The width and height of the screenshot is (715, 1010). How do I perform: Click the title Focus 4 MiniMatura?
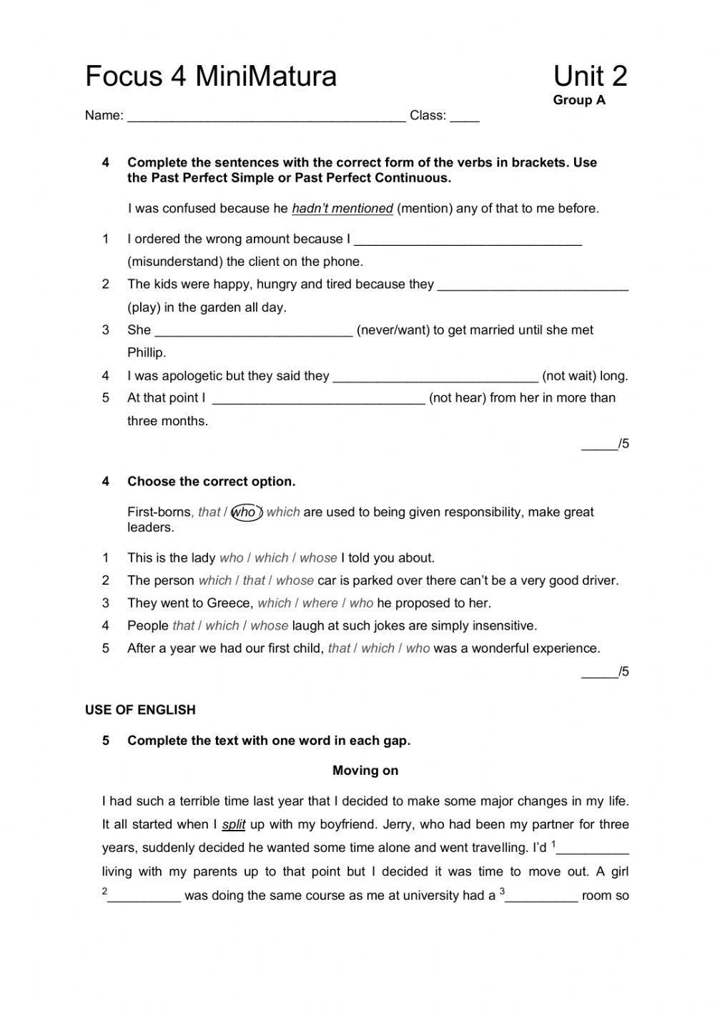211,76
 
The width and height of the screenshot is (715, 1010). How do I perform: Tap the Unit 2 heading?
590,76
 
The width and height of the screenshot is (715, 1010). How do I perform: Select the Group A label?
578,100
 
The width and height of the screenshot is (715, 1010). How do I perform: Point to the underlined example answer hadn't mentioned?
342,209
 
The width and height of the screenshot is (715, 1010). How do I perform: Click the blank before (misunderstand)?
468,241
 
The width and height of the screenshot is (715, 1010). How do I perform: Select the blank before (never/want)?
253,332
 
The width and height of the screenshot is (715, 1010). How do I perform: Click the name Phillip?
147,352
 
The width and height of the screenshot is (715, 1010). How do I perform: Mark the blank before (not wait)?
435,377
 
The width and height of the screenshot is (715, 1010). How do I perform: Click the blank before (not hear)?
319,400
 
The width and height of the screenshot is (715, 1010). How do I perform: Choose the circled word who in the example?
245,513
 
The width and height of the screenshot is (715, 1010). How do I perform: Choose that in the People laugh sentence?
183,626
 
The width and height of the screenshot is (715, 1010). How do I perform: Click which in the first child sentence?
378,649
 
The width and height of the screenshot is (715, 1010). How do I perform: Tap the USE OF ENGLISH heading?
140,710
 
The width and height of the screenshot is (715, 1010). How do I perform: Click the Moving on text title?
365,771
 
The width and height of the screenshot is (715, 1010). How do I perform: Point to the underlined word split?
233,825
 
